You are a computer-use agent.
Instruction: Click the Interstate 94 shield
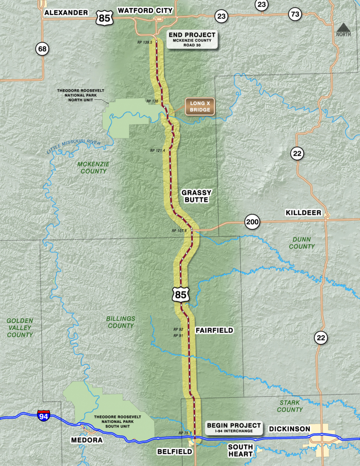[43, 416]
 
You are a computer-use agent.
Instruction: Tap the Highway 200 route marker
[252, 222]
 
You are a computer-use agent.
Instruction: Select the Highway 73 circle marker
[295, 15]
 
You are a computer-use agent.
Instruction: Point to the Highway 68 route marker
[42, 49]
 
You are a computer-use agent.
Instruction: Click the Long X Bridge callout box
[200, 107]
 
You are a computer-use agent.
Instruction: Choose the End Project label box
[192, 39]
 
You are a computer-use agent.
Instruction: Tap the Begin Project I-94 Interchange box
[234, 428]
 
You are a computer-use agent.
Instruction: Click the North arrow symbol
[343, 30]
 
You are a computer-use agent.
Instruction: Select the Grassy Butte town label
[196, 196]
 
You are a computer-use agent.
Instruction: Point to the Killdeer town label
[303, 213]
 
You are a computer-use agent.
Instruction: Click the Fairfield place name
[214, 331]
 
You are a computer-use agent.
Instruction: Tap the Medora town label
[87, 440]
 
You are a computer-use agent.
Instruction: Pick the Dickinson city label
[289, 429]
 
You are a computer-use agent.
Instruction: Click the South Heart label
[240, 450]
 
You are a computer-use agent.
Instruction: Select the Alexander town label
[66, 13]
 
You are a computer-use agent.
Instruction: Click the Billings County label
[121, 322]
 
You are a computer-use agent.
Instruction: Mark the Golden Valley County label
[20, 328]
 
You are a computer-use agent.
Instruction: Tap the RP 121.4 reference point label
[158, 151]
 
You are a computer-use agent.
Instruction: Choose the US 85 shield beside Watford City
[104, 18]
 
